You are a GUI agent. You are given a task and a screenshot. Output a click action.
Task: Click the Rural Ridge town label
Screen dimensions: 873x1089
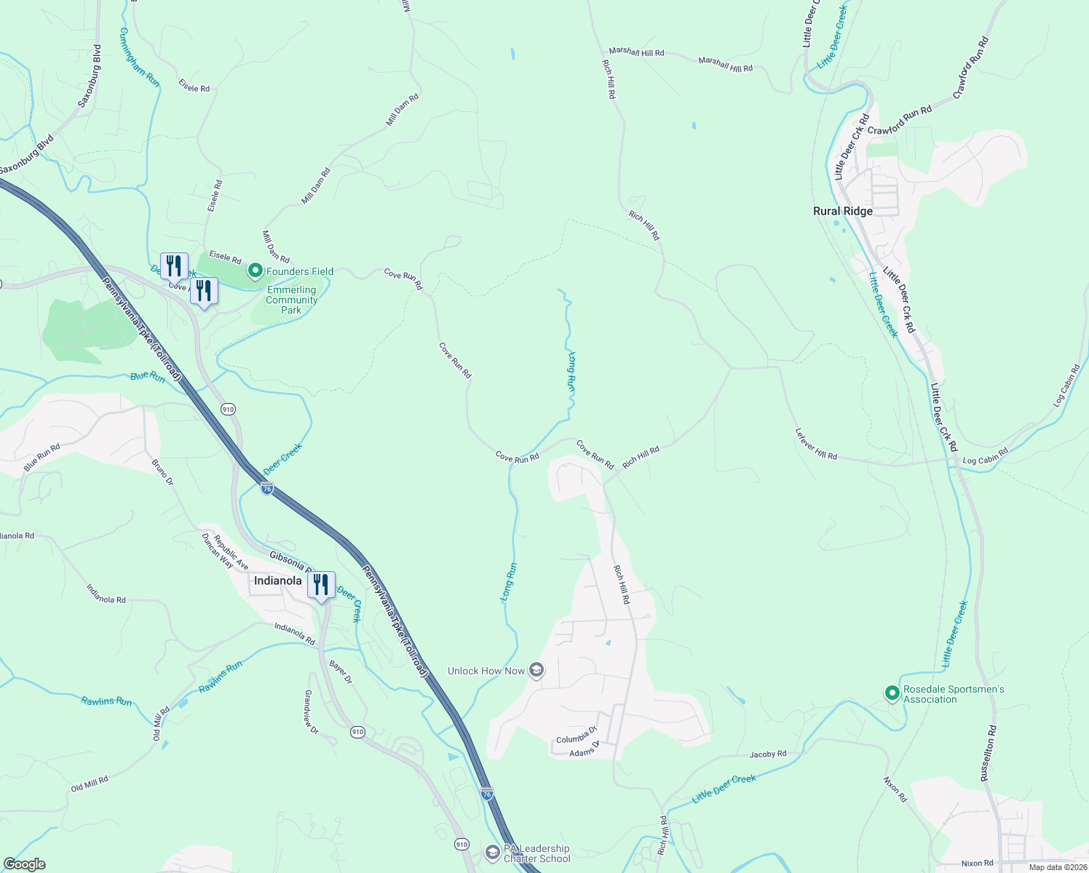[842, 211]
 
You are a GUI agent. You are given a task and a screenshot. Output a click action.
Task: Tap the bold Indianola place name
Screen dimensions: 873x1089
[277, 581]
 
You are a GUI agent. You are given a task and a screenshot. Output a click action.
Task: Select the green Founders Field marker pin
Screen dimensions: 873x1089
[256, 271]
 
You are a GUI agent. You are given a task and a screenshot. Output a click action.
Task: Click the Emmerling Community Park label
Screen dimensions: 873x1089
[291, 300]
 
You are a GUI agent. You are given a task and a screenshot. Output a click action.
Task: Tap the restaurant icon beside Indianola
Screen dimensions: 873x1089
[321, 585]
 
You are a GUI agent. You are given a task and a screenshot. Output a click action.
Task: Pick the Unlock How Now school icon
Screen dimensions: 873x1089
[536, 670]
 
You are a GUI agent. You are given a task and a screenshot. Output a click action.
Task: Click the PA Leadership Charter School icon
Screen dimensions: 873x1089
[493, 852]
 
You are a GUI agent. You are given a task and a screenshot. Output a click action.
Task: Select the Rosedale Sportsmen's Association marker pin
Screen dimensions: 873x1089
[892, 694]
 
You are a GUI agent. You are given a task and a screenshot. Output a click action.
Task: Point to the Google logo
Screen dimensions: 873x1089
[24, 864]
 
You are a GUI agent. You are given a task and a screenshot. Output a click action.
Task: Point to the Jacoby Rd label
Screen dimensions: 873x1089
[768, 754]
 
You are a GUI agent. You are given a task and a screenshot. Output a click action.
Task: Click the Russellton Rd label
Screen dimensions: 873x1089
[989, 753]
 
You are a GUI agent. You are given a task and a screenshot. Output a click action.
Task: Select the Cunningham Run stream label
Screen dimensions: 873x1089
[139, 57]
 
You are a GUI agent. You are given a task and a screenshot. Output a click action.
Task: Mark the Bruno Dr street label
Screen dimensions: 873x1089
[162, 471]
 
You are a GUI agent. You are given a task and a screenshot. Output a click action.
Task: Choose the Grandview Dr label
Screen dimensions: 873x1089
[311, 711]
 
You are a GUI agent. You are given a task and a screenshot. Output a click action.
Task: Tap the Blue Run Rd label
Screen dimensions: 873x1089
[41, 458]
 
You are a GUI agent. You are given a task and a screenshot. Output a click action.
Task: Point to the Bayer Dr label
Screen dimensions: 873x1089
[340, 672]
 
